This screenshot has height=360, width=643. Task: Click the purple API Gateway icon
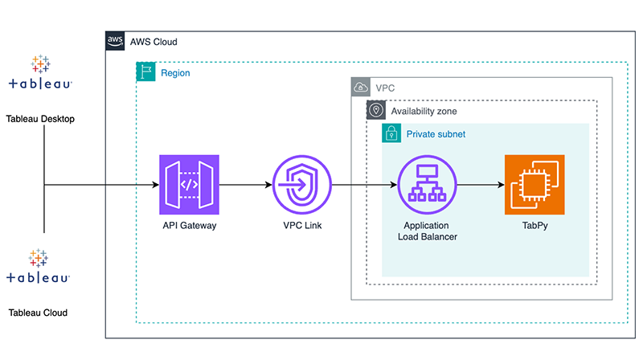[x=189, y=185]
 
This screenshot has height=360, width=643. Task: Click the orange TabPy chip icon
[x=534, y=185]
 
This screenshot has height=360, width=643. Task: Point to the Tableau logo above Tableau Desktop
[x=40, y=73]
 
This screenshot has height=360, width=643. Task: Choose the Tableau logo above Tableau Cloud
[x=39, y=268]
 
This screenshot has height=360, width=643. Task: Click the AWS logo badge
[x=116, y=41]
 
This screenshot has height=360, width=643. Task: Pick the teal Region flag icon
[x=145, y=72]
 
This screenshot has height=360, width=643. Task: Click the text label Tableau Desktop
[x=40, y=119]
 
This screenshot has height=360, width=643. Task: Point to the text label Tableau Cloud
[x=38, y=313]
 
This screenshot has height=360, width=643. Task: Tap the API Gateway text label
[x=189, y=226]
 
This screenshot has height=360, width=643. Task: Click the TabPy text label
[x=534, y=226]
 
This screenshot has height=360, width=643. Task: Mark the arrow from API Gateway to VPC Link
[x=245, y=185]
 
